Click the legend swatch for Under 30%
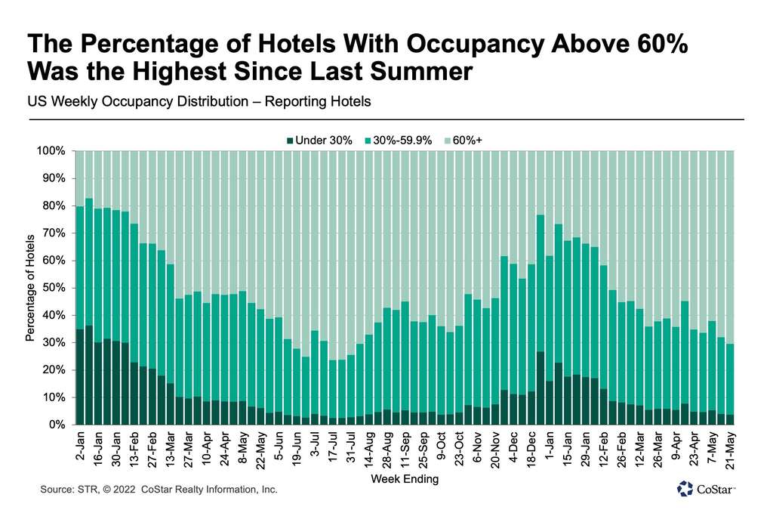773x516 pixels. tap(289, 140)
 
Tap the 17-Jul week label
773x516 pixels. tap(332, 448)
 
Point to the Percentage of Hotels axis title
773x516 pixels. tap(31, 288)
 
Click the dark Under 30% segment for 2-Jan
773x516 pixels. tap(80, 377)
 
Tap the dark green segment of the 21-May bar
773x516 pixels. tap(729, 419)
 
